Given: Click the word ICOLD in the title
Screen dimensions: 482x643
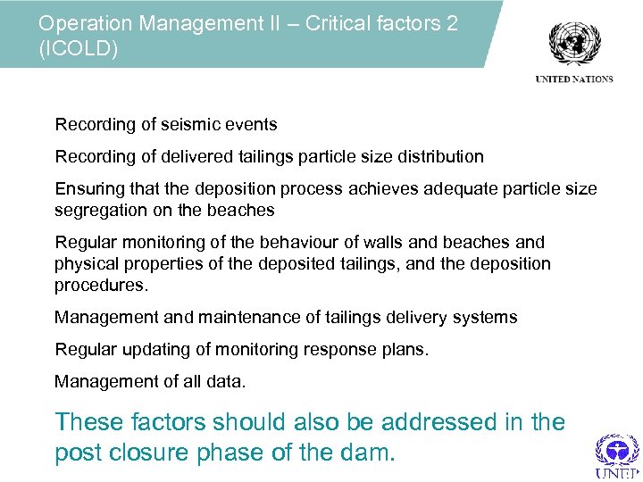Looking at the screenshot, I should pyautogui.click(x=79, y=48).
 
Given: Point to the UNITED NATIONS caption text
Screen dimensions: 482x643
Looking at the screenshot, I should pyautogui.click(x=574, y=79).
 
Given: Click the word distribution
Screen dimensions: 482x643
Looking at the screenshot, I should pyautogui.click(x=438, y=157).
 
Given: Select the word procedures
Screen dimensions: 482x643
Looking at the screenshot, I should pyautogui.click(x=99, y=286).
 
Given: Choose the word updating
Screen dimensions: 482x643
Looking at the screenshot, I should pyautogui.click(x=145, y=350).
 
